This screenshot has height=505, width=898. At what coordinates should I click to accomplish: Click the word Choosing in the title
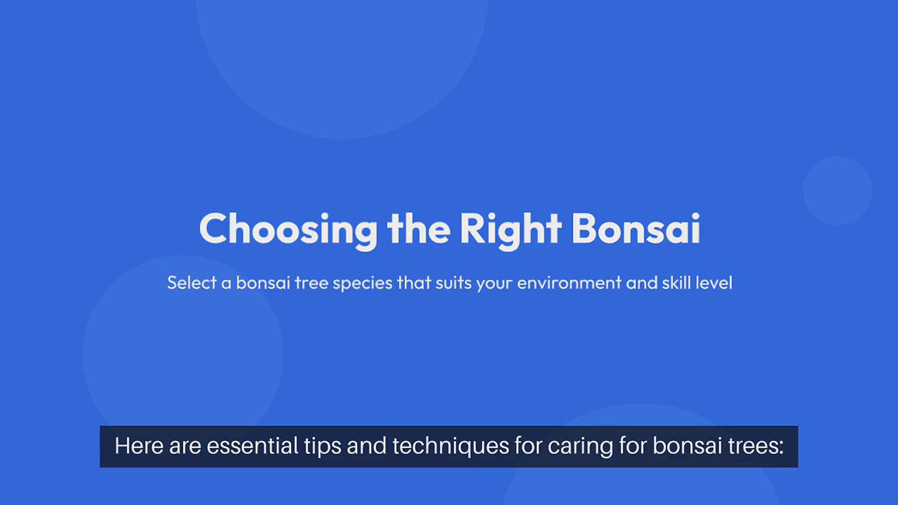tap(288, 230)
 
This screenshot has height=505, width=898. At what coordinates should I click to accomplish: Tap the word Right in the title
tap(510, 230)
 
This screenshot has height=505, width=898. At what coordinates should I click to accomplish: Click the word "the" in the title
tap(419, 229)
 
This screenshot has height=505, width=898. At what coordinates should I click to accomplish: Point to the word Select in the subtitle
tap(192, 283)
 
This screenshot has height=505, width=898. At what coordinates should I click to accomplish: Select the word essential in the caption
tap(252, 446)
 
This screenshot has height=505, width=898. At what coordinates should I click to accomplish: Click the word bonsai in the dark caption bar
tap(687, 446)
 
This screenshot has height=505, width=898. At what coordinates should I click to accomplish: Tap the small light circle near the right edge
tap(837, 191)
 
